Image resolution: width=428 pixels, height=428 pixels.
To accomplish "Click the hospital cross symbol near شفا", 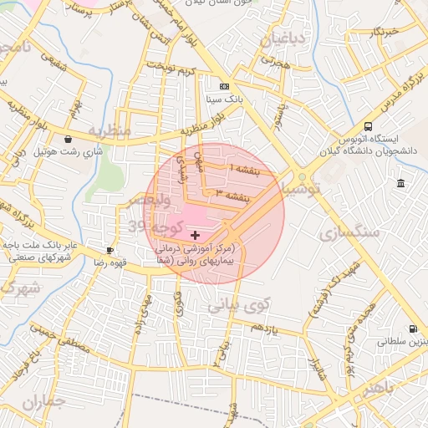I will pos(196,236).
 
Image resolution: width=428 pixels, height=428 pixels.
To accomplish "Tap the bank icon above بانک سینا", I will pos(224,86).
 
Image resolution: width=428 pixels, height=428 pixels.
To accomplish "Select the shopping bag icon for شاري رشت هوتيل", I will pos(68,139).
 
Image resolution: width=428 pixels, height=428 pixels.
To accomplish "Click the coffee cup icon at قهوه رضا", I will pos(110,250).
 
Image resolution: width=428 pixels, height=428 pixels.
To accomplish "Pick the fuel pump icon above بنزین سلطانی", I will pos(412,329).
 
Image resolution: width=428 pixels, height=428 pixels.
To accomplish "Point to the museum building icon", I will pos(402,183).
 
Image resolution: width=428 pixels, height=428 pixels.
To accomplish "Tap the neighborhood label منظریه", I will pos(110,132).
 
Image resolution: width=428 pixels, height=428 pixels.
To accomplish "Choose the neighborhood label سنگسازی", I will pos(349,232).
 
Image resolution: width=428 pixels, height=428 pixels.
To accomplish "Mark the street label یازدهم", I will pos(261,327).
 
